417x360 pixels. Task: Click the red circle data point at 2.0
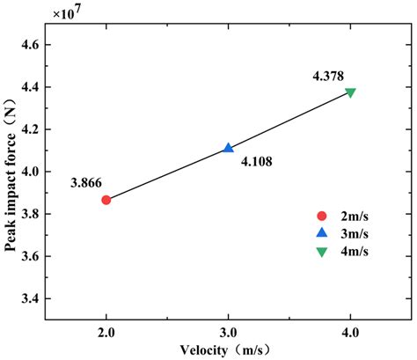(106, 200)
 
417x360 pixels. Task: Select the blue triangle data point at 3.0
(229, 148)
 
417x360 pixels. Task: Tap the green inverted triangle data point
(351, 92)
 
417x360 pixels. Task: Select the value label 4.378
(329, 77)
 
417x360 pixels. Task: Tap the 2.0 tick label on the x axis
(106, 331)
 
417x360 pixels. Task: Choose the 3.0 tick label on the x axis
(229, 331)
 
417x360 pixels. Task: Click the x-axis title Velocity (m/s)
(230, 349)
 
